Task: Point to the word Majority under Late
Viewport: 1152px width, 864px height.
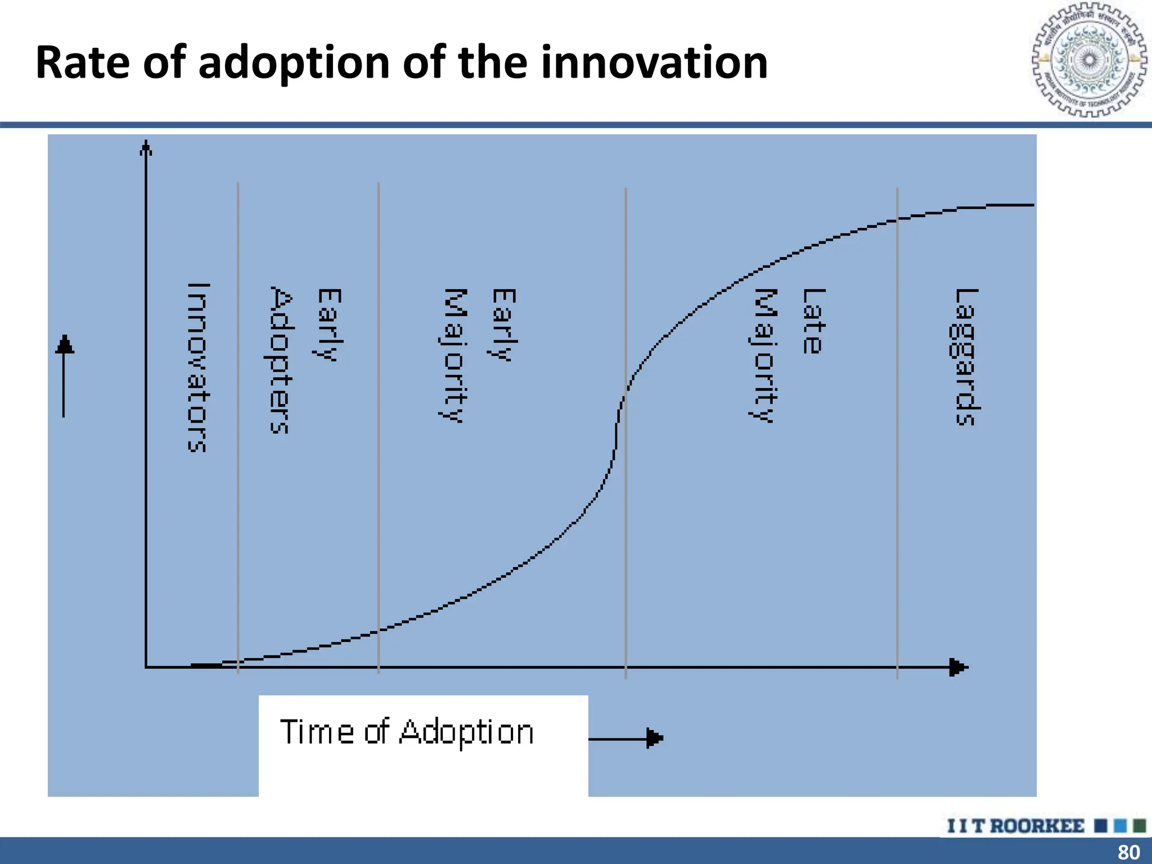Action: coord(765,355)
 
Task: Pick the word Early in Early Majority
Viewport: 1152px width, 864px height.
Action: coord(504,325)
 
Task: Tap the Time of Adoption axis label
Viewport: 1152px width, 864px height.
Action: coord(407,732)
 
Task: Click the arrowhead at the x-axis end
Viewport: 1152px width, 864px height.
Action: coord(958,668)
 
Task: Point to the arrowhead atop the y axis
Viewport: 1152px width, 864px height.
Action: coord(146,148)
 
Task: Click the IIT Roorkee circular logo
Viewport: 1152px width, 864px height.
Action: coord(1089,60)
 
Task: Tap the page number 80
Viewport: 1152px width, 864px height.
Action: coord(1128,852)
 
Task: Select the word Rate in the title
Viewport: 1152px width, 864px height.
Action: coord(83,63)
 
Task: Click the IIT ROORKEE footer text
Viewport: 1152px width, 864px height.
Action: coord(1016,826)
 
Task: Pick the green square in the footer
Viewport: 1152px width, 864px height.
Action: coord(1140,826)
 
